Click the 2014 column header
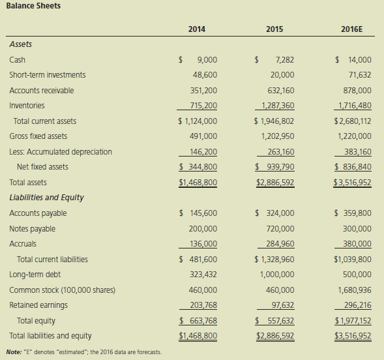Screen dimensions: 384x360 (197, 29)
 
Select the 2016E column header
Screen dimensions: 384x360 (351, 29)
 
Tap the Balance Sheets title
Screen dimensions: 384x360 (33, 6)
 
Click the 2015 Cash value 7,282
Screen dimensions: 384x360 (285, 60)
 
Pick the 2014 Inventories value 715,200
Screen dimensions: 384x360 (204, 106)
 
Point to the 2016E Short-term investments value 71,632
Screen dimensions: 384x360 (360, 75)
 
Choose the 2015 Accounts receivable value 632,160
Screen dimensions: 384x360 (281, 91)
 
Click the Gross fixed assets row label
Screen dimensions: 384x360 (38, 136)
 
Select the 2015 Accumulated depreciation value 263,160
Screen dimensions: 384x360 (281, 152)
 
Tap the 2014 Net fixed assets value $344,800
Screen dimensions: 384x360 (198, 167)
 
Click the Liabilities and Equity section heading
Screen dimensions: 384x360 (46, 198)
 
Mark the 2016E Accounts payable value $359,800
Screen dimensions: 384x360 (353, 213)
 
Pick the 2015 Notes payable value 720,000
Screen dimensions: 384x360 (280, 229)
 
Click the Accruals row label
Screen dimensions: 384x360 (23, 244)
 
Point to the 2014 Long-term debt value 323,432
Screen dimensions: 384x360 (203, 275)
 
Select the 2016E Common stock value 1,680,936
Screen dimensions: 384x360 (355, 290)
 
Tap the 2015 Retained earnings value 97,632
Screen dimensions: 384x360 (283, 305)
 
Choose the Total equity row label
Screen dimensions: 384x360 (36, 321)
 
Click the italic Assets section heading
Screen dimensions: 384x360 (21, 44)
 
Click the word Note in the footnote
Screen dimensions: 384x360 (14, 352)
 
